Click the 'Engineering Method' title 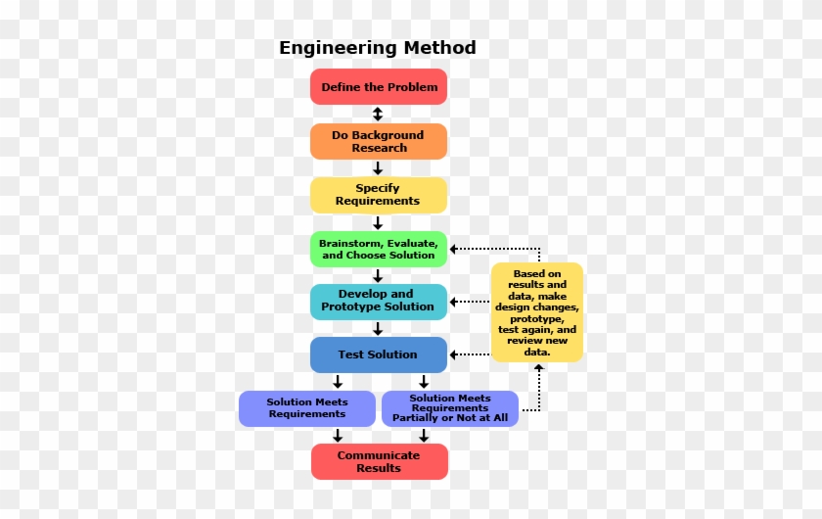click(378, 48)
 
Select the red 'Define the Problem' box click(379, 86)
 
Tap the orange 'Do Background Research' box click(379, 141)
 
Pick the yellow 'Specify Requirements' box click(379, 195)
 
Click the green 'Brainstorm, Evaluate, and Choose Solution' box click(379, 250)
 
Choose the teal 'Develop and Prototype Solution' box click(379, 302)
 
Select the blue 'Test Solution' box click(379, 354)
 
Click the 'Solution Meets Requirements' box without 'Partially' click(307, 408)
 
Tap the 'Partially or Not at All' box click(450, 408)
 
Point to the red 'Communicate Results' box click(380, 462)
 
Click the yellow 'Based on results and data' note click(537, 312)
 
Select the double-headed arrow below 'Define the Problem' click(378, 114)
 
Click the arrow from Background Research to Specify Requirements click(378, 167)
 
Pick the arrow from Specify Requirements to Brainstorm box click(378, 222)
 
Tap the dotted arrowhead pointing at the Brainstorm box click(453, 249)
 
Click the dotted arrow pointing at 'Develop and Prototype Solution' click(470, 302)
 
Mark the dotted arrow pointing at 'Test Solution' click(470, 354)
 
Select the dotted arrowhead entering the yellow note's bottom click(539, 368)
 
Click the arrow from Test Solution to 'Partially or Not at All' click(424, 382)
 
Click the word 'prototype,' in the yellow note click(537, 318)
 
